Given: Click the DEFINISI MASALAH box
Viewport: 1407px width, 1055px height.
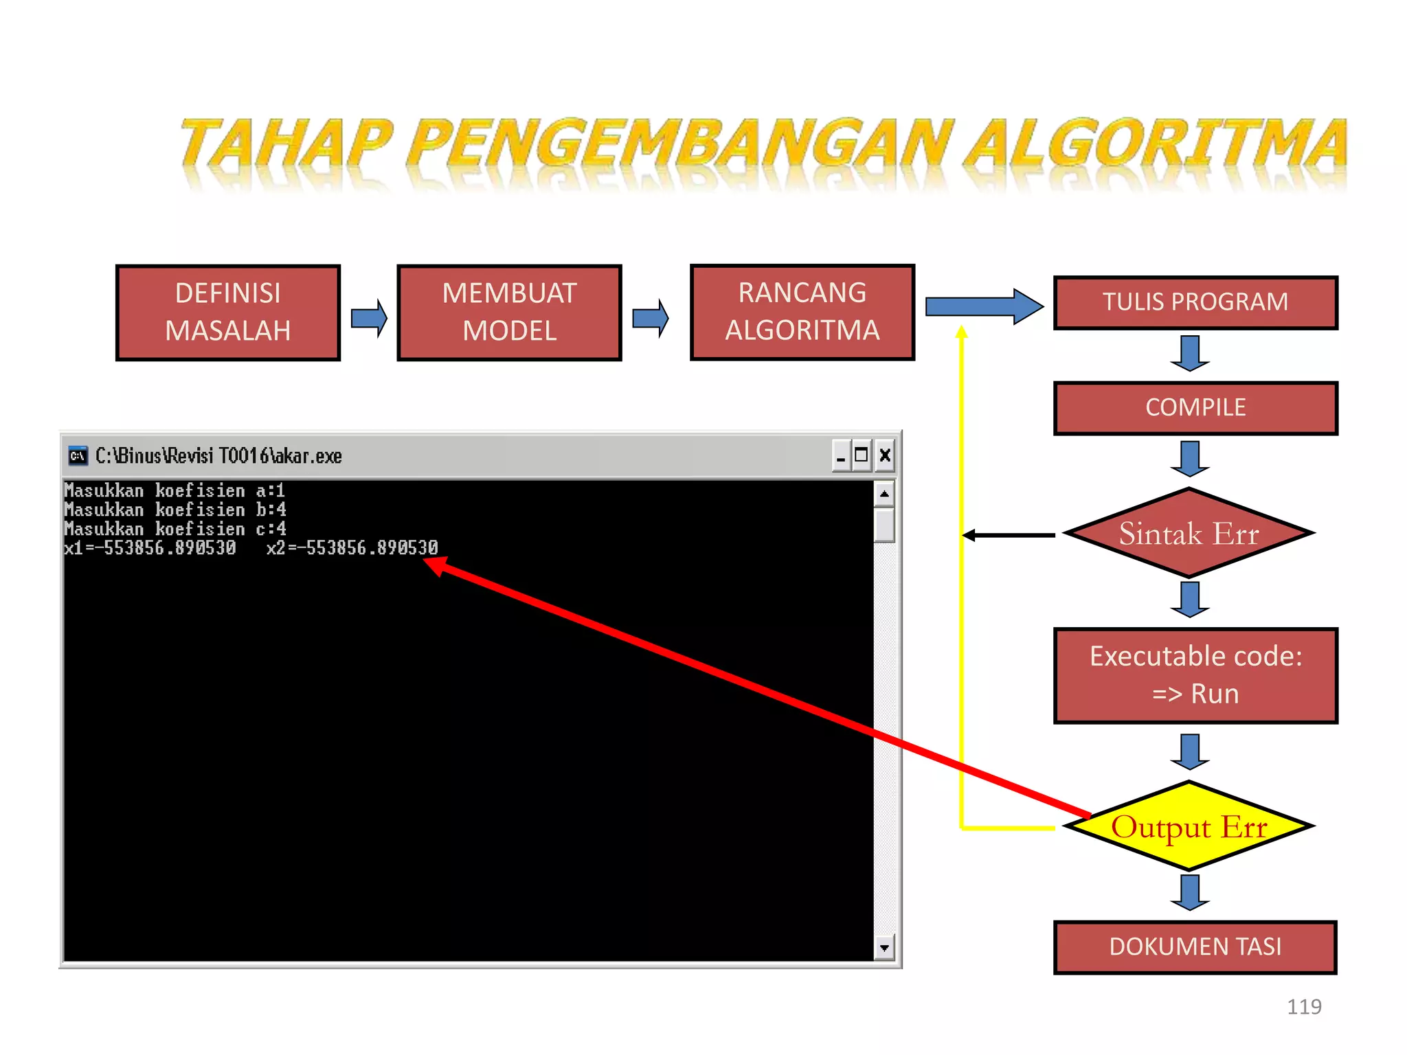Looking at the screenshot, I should [228, 313].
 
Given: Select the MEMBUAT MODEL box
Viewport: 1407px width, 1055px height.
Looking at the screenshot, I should [509, 313].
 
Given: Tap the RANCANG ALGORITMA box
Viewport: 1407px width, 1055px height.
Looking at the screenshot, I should [802, 312].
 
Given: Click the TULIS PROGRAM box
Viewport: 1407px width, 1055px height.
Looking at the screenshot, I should [1195, 303].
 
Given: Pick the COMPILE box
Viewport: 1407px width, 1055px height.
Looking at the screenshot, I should [1195, 408].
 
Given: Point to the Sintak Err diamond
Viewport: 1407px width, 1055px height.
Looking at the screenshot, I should [1189, 534].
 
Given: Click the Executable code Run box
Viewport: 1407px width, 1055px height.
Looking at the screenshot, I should [1195, 675].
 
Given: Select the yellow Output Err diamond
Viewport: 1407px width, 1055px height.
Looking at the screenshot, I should [1189, 826].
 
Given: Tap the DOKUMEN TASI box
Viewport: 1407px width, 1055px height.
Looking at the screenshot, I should [1195, 947].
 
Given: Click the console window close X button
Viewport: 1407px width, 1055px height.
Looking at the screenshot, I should [885, 455].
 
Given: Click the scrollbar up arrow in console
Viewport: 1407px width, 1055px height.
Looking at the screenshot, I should [884, 494].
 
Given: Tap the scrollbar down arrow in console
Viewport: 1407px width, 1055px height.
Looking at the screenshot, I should [884, 948].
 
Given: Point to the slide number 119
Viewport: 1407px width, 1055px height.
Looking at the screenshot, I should [1303, 1007].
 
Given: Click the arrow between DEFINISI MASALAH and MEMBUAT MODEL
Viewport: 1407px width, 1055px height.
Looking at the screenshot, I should [369, 318].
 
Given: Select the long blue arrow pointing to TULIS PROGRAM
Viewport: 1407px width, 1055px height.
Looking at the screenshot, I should [982, 306].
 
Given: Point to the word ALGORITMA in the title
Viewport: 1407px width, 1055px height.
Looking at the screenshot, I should [1154, 144].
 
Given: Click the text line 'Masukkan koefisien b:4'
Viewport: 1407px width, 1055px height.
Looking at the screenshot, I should [175, 510].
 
